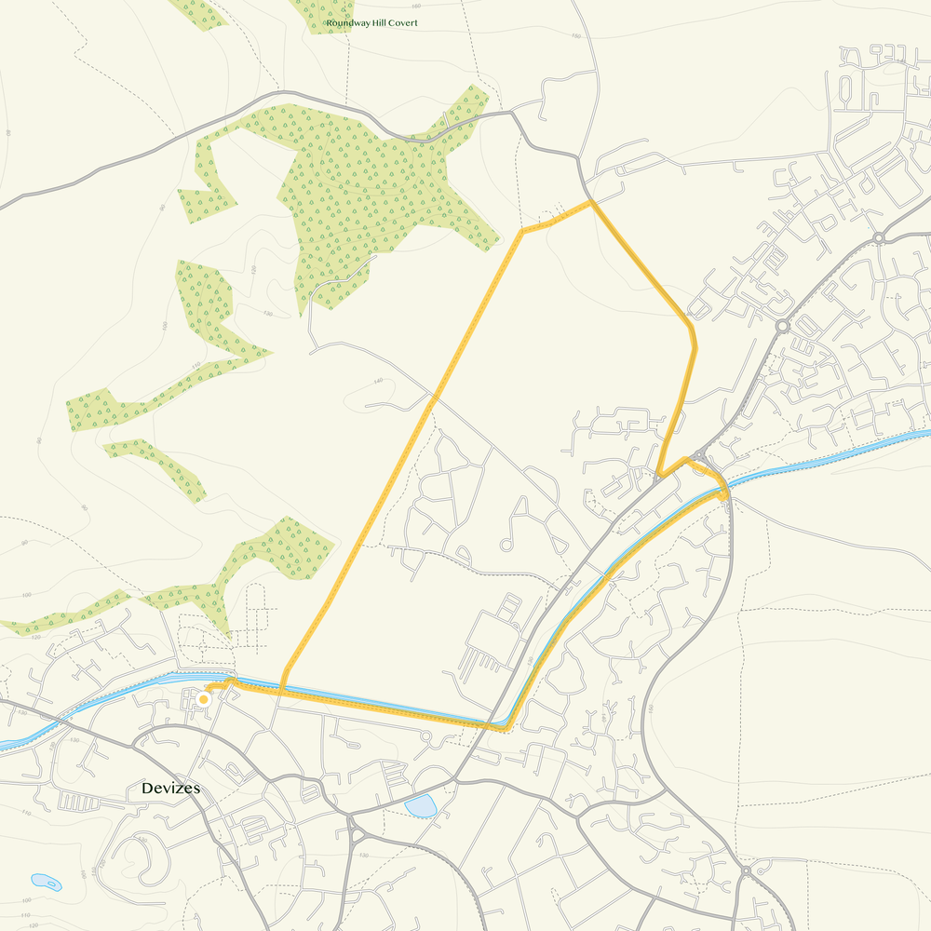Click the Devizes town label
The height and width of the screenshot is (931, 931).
tap(170, 789)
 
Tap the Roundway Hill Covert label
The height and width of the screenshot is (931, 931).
tap(371, 22)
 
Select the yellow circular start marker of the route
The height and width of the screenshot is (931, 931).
tap(203, 698)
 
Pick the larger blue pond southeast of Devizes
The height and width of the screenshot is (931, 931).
tap(421, 806)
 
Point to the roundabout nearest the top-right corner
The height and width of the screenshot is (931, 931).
tap(878, 238)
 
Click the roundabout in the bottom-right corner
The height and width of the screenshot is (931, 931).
tap(747, 871)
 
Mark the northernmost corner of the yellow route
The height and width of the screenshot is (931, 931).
tap(591, 202)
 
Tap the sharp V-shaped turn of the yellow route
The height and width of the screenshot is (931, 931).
tap(658, 477)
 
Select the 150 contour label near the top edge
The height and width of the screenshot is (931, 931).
tap(575, 36)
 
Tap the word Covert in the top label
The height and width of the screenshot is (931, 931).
tap(401, 22)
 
